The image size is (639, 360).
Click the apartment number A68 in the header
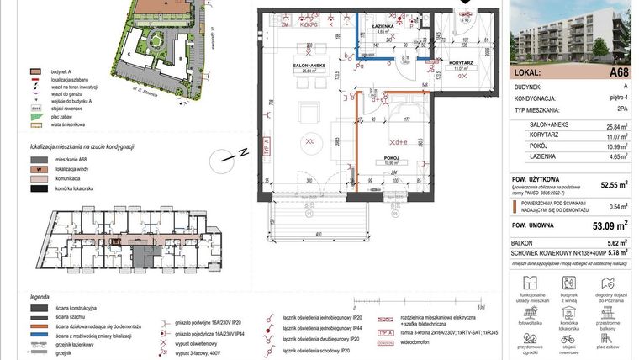pyautogui.click(x=619, y=73)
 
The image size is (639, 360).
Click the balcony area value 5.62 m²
pyautogui.click(x=618, y=242)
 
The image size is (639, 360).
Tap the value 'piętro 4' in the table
pyautogui.click(x=618, y=98)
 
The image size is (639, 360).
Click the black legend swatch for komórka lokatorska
pyautogui.click(x=36, y=189)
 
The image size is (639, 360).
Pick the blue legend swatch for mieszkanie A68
pyautogui.click(x=36, y=159)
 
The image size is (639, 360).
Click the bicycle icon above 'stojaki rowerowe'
pyautogui.click(x=569, y=336)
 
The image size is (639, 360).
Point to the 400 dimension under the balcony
pyautogui.click(x=319, y=234)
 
